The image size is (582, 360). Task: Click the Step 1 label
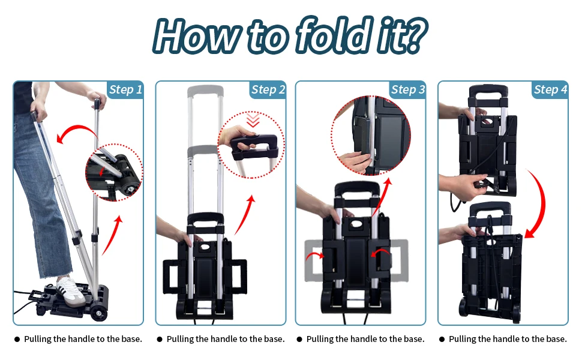pyautogui.click(x=125, y=90)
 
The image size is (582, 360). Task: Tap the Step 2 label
pyautogui.click(x=268, y=90)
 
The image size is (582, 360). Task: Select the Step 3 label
pyautogui.click(x=408, y=90)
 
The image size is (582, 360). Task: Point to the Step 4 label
pyautogui.click(x=550, y=90)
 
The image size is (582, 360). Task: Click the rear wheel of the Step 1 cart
pyautogui.click(x=99, y=313)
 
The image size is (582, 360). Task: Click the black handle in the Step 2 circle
pyautogui.click(x=254, y=147)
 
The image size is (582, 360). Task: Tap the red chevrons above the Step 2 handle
pyautogui.click(x=253, y=120)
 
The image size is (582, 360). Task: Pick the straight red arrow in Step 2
pyautogui.click(x=245, y=215)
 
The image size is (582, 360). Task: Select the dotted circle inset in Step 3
pyautogui.click(x=371, y=136)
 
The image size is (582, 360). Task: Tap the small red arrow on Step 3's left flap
pyautogui.click(x=315, y=255)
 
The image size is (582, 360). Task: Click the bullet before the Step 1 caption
pyautogui.click(x=17, y=339)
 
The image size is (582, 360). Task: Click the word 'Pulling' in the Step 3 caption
pyautogui.click(x=319, y=339)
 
